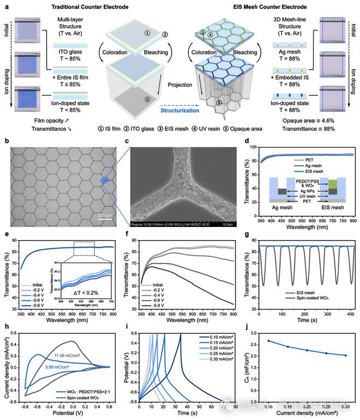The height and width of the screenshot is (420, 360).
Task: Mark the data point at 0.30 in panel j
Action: pyautogui.click(x=345, y=370)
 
